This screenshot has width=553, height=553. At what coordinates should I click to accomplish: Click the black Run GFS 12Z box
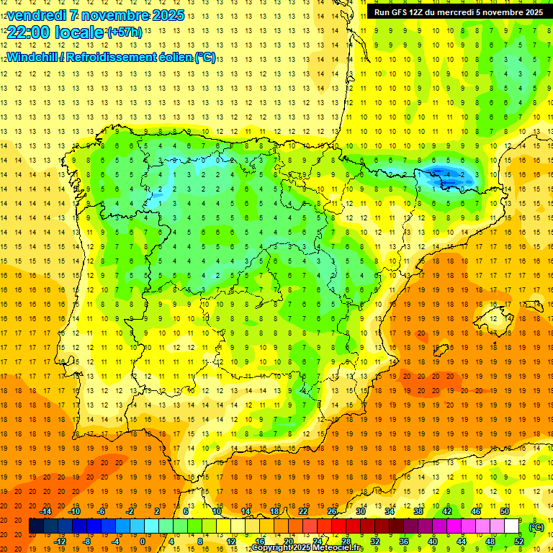pyautogui.click(x=459, y=12)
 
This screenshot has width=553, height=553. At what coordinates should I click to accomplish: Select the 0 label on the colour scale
pyautogui.click(x=142, y=541)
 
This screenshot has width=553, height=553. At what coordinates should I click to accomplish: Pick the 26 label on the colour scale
pyautogui.click(x=332, y=511)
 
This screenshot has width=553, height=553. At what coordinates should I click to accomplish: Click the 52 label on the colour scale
pyautogui.click(x=518, y=541)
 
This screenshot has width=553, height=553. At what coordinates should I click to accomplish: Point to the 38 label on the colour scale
pyautogui.click(x=418, y=511)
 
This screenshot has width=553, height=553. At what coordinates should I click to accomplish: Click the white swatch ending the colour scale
pyautogui.click(x=511, y=526)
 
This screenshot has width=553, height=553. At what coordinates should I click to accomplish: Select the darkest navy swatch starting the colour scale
pyautogui.click(x=36, y=526)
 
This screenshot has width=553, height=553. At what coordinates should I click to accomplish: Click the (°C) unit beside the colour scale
pyautogui.click(x=536, y=526)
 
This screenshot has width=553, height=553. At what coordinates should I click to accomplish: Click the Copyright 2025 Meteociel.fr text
pyautogui.click(x=307, y=548)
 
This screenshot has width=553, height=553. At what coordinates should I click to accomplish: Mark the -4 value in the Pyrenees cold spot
pyautogui.click(x=449, y=174)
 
